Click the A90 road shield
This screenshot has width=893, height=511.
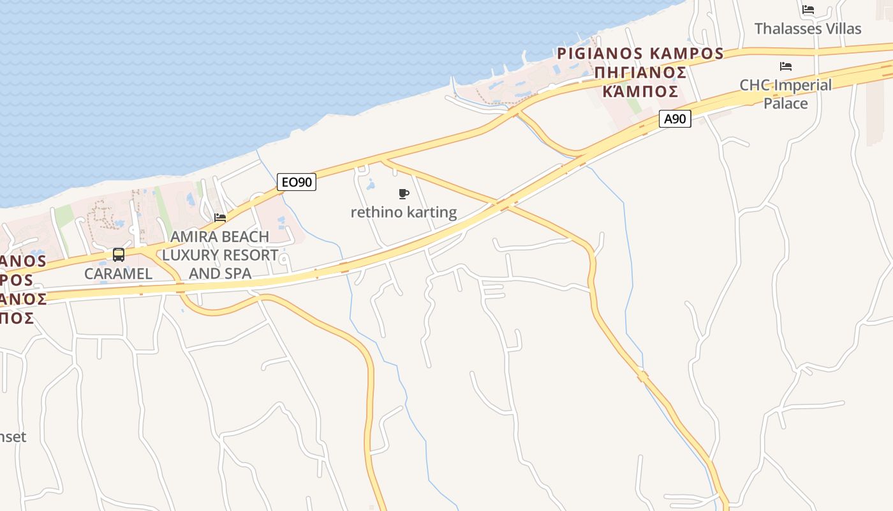(x=674, y=119)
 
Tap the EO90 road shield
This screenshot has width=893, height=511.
(x=297, y=182)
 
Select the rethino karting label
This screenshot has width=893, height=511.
(x=404, y=212)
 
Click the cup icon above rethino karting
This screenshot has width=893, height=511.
(x=403, y=194)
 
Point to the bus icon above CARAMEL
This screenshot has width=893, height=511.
(x=119, y=255)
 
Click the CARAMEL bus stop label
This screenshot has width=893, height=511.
(x=119, y=273)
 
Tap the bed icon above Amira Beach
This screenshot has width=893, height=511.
(x=220, y=218)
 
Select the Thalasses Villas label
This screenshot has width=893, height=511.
(x=808, y=29)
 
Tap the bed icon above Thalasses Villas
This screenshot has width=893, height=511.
(x=808, y=10)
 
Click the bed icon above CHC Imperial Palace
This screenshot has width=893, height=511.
(x=785, y=66)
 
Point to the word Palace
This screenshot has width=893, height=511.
(x=786, y=103)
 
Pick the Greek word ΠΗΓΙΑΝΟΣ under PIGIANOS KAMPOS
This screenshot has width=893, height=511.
(x=640, y=72)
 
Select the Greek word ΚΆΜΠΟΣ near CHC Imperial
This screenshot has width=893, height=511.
(x=640, y=91)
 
